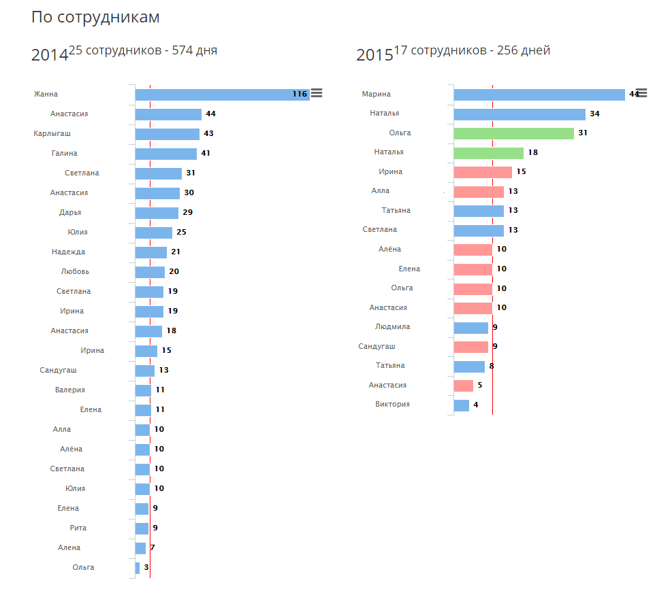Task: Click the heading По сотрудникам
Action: tap(95, 18)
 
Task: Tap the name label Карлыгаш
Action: tap(52, 133)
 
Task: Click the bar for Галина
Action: tap(165, 154)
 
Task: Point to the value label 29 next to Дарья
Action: tap(188, 212)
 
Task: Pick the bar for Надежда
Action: tap(150, 252)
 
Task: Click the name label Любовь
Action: tap(75, 271)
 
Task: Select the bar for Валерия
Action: tap(143, 390)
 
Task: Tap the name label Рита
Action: tap(78, 528)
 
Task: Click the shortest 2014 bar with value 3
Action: tap(138, 568)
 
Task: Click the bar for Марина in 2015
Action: tap(539, 95)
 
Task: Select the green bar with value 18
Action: tap(488, 153)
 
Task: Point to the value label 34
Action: tap(594, 114)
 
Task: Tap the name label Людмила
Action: tap(393, 326)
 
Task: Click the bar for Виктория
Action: tap(461, 405)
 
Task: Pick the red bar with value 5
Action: tap(463, 386)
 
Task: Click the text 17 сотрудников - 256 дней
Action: tap(472, 50)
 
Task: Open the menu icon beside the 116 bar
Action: tap(317, 93)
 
